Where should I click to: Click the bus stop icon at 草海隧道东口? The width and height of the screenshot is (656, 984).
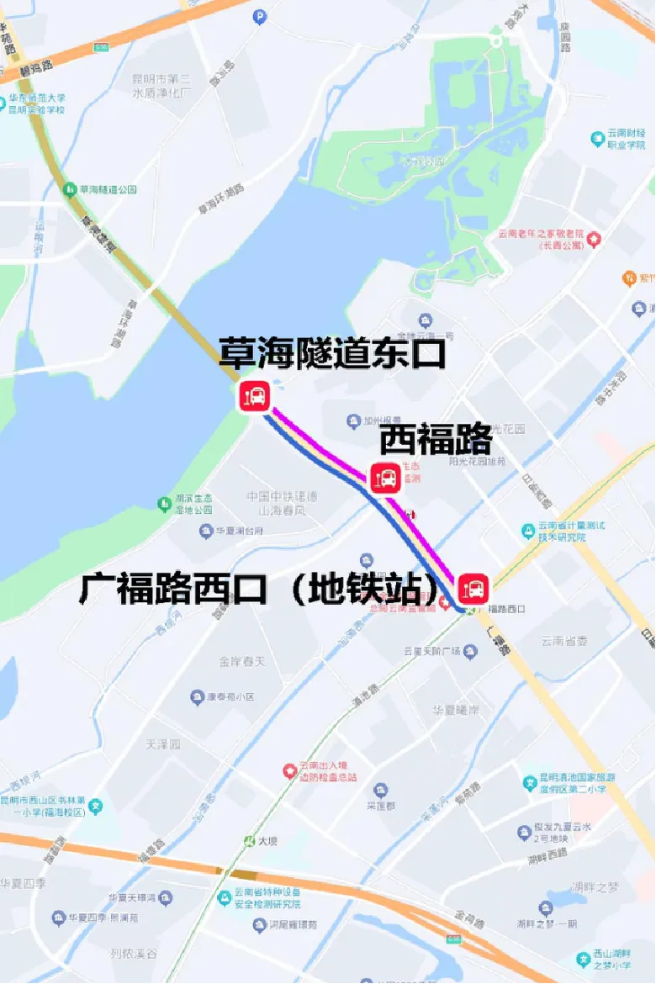tap(253, 395)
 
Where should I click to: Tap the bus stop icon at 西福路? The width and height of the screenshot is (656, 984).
tap(386, 478)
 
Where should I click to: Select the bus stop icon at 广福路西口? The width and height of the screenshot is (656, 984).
tap(473, 587)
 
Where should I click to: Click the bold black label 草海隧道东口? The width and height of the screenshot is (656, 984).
tap(331, 353)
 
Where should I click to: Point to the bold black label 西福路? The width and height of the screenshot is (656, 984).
tap(435, 439)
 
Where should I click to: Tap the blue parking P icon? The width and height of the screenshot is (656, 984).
tap(260, 14)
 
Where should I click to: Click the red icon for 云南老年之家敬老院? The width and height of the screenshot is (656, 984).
tap(595, 240)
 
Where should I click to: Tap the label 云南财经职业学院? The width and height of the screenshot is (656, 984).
tap(627, 139)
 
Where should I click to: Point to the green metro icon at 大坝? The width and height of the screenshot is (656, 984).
tap(249, 840)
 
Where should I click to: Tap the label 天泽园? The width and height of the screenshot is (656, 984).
tap(163, 744)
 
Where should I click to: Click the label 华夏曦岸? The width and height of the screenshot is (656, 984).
tap(456, 709)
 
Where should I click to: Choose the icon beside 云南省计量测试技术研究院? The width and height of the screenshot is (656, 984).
tap(529, 531)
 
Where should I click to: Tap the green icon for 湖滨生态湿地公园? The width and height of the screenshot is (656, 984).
tap(164, 504)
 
